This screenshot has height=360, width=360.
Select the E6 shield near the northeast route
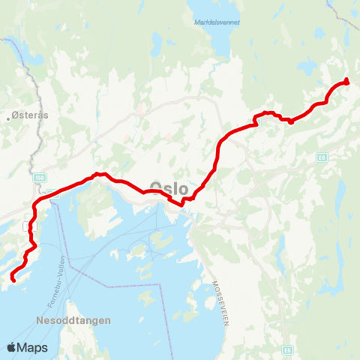pos(322,157)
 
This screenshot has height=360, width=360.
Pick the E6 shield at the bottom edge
pos(287,349)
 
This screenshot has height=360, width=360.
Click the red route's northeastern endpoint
pos(346,81)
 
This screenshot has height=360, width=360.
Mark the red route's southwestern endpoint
pos(13,280)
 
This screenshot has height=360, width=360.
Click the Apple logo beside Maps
pos(12,347)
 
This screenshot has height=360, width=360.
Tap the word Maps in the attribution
pos(33,347)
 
